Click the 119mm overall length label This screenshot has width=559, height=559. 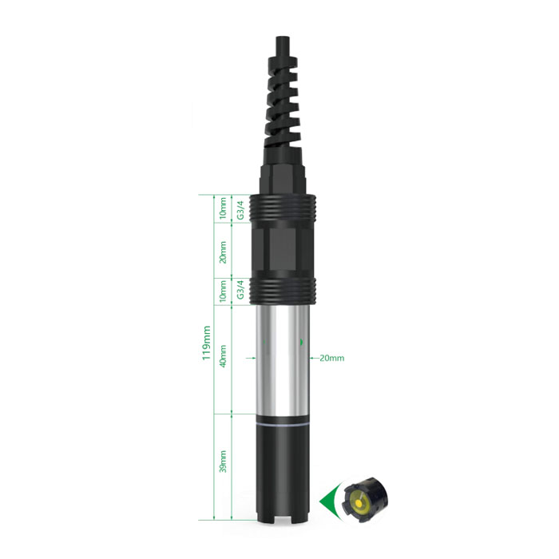(206, 343)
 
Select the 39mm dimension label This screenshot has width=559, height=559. (223, 462)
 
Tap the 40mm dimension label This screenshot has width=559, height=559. (223, 356)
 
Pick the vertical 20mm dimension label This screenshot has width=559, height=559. (223, 252)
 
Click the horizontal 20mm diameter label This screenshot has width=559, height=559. (332, 358)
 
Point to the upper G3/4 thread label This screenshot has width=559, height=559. (241, 210)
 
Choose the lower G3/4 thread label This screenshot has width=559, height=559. (241, 289)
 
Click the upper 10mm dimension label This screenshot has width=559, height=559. (223, 208)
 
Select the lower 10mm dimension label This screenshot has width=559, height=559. (223, 291)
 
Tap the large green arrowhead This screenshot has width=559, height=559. (329, 502)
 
